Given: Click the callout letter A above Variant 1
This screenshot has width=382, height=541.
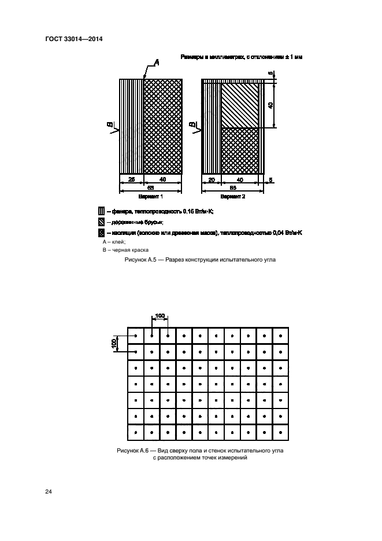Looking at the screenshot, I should [x=157, y=63].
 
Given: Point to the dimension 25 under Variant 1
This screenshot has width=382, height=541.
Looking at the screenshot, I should [x=131, y=180].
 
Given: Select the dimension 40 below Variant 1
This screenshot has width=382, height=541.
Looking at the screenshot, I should [x=162, y=180].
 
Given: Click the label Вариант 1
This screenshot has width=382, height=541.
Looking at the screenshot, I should [x=151, y=197].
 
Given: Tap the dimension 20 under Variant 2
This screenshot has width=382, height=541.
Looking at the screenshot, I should [x=212, y=180].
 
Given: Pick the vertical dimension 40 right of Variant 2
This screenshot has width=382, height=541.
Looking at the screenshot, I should [x=271, y=105].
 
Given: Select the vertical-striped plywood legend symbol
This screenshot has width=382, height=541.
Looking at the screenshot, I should [x=102, y=212].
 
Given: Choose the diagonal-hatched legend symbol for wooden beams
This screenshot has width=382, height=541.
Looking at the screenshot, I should [x=102, y=222].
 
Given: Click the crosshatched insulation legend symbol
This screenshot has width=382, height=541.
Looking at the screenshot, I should [x=102, y=233].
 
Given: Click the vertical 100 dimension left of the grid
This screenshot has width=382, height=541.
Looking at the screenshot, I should [x=114, y=343].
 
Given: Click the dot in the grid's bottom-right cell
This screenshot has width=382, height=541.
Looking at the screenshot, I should [x=280, y=432].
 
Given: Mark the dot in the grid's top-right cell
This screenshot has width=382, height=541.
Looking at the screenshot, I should [x=280, y=336].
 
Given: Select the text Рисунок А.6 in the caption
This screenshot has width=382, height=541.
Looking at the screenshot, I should [x=133, y=450].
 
